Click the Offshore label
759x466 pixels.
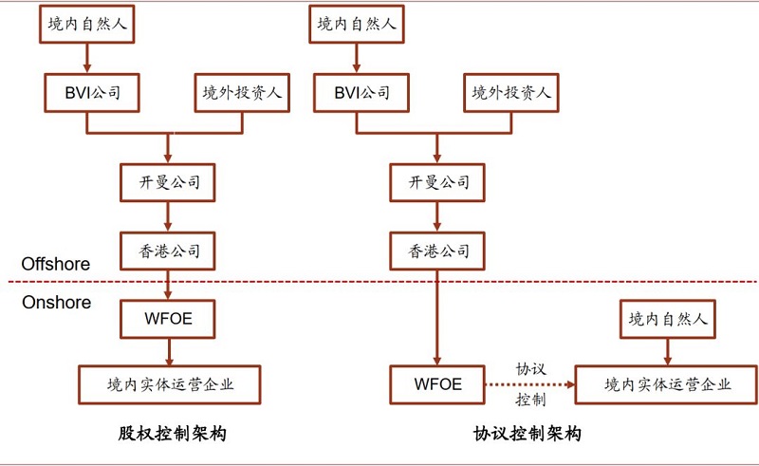[56, 264]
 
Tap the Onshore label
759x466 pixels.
[56, 302]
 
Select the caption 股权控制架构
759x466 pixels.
[172, 434]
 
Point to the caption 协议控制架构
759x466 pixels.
[527, 434]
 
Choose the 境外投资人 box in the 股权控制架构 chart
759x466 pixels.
[242, 94]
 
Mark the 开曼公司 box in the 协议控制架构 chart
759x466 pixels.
[438, 182]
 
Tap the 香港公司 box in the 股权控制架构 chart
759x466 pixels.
[168, 251]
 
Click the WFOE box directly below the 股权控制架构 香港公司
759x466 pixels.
[168, 318]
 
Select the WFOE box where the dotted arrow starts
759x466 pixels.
[438, 384]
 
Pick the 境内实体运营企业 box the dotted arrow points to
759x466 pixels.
[668, 384]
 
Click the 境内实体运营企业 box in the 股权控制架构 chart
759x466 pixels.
[169, 384]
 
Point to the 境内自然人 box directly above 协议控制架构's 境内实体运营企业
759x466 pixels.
[668, 319]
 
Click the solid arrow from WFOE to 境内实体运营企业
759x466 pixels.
[168, 351]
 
